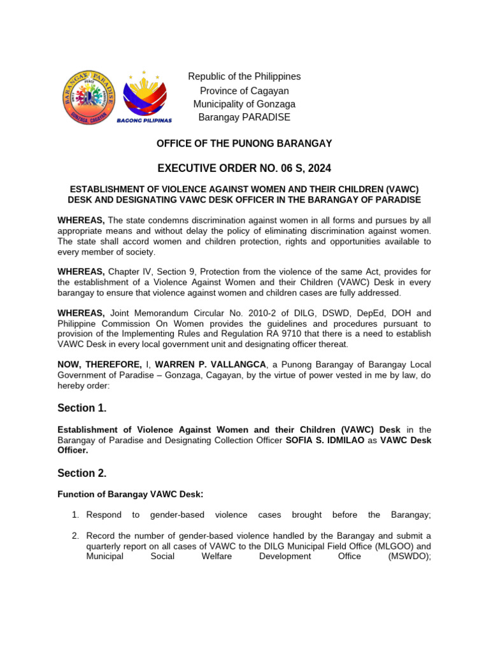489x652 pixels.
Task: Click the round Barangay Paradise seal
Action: pyautogui.click(x=89, y=97)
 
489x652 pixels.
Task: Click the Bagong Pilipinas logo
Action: pyautogui.click(x=144, y=96)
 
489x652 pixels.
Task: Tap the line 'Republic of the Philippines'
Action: pyautogui.click(x=244, y=76)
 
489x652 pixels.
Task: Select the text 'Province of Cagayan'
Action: pyautogui.click(x=244, y=90)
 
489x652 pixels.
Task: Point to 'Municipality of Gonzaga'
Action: pyautogui.click(x=244, y=104)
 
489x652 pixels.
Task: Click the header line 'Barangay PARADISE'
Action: pyautogui.click(x=244, y=117)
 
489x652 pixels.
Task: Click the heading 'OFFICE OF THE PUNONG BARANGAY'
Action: pyautogui.click(x=244, y=144)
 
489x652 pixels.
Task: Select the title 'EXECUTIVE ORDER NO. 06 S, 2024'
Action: pyautogui.click(x=244, y=168)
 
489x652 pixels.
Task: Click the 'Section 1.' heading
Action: pyautogui.click(x=82, y=407)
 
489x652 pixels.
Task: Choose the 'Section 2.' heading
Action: pyautogui.click(x=82, y=473)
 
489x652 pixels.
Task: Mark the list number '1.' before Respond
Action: pyautogui.click(x=74, y=514)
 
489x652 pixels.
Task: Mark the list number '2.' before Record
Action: pyautogui.click(x=74, y=535)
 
